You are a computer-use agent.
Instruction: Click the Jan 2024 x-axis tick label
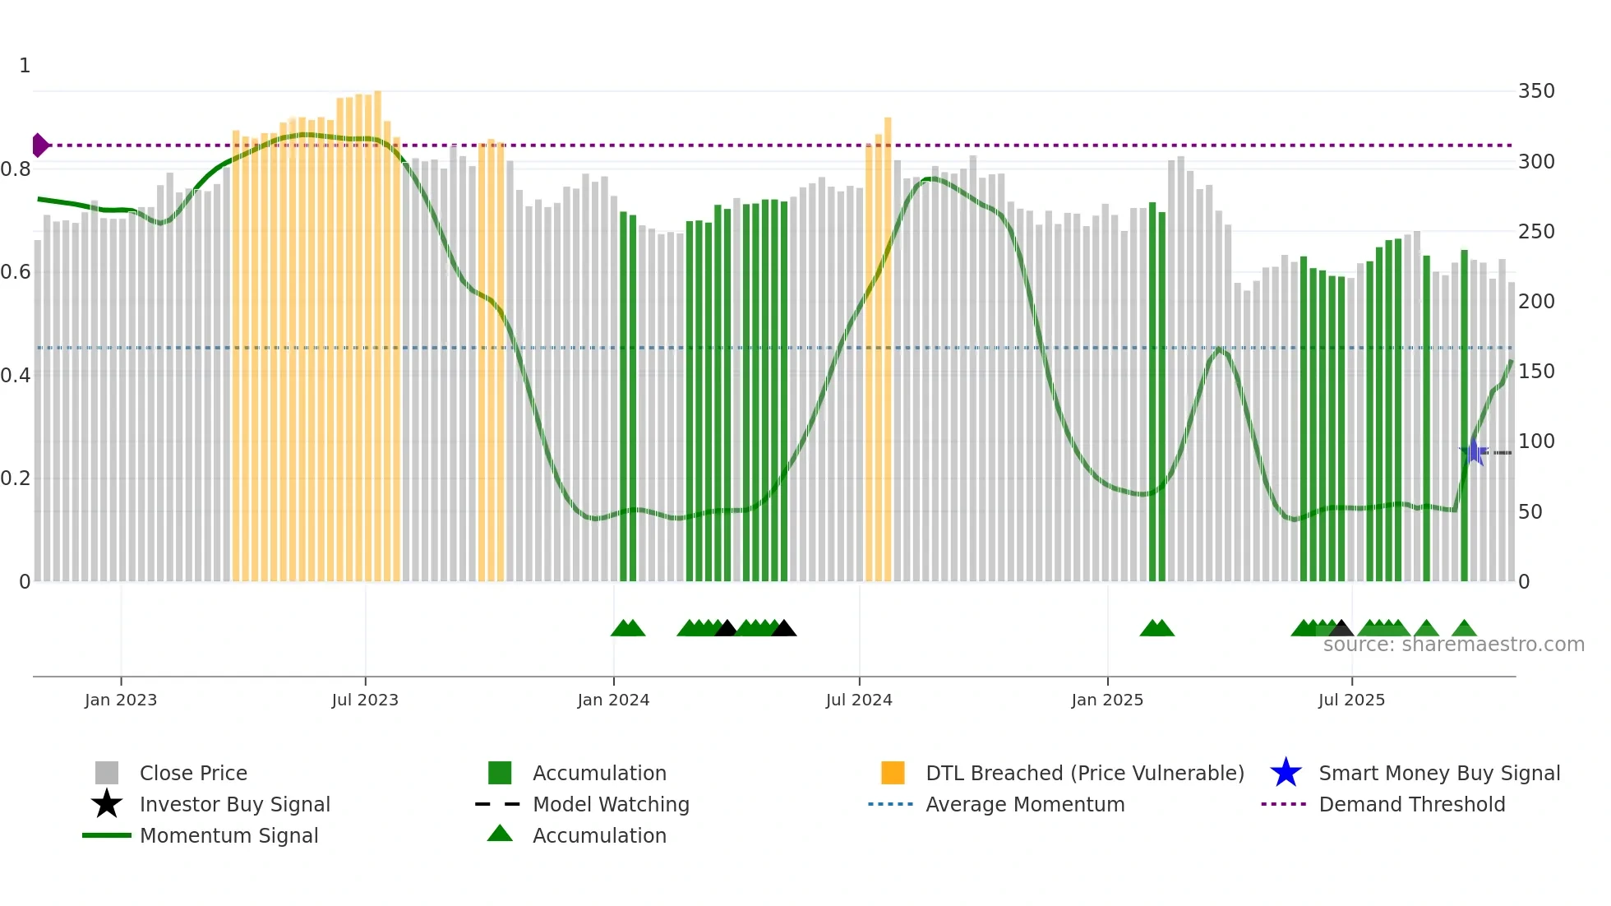[x=613, y=700]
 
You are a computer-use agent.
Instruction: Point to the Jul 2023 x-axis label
[x=365, y=700]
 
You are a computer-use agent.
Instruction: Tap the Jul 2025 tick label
[x=1351, y=700]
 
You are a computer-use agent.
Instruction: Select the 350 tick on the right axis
[x=1536, y=91]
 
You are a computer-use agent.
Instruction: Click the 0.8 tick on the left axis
[x=16, y=169]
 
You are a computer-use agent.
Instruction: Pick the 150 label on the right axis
[x=1536, y=372]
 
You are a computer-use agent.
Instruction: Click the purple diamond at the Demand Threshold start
[x=39, y=146]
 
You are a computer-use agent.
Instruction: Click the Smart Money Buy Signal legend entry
[x=1438, y=773]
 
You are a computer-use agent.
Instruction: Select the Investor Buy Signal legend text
[x=234, y=804]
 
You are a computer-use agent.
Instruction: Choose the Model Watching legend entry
[x=610, y=804]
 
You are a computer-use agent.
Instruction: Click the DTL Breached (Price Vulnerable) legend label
[x=1084, y=773]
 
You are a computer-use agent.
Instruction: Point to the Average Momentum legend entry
[x=1024, y=804]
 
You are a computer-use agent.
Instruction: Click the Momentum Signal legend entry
[x=228, y=835]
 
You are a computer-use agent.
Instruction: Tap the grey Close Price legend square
[x=107, y=773]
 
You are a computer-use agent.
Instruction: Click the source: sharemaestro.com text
[x=1453, y=645]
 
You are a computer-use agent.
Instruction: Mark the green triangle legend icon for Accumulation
[x=500, y=834]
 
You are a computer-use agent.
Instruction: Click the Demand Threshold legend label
[x=1411, y=804]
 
